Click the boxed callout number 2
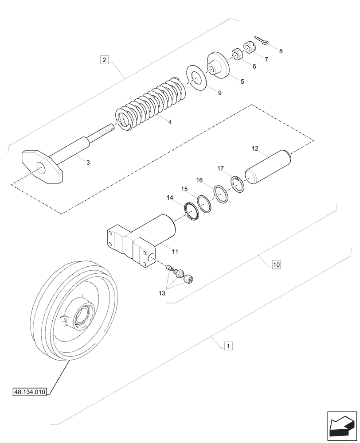click(104, 59)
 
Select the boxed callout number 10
click(276, 265)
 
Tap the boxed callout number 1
click(227, 346)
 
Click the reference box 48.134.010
click(31, 392)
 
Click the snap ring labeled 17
click(237, 184)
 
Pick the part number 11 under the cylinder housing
click(175, 251)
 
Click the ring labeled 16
click(220, 194)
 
